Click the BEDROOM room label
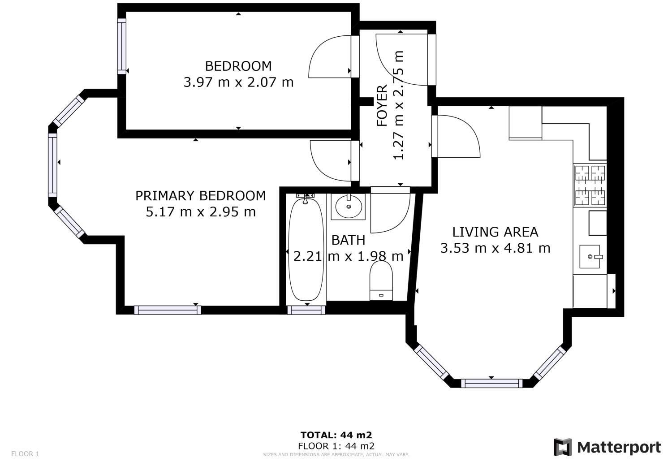point(238,66)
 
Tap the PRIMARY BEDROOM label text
point(200,196)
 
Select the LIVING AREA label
point(495,232)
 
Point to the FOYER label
point(382,106)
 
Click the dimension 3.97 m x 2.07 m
point(238,82)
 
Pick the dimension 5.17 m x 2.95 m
point(200,212)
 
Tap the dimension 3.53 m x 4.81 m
point(495,248)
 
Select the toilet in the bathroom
point(381,280)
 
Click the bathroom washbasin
point(348,207)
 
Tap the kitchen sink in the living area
point(590,257)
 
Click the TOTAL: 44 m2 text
point(336,435)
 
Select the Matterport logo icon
point(563,447)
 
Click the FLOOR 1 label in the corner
point(25,454)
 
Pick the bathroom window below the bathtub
point(306,310)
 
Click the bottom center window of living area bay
point(492,383)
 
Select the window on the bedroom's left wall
point(121,46)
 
